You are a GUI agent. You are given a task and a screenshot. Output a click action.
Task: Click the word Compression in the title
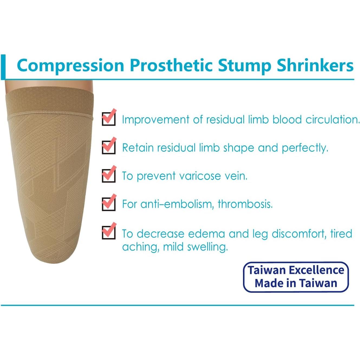pyautogui.click(x=70, y=66)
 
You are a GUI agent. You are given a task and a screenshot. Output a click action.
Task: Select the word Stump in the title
pyautogui.click(x=244, y=65)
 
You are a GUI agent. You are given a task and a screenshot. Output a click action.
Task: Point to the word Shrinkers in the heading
pyautogui.click(x=315, y=65)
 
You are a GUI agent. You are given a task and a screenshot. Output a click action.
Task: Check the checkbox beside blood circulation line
pyautogui.click(x=109, y=118)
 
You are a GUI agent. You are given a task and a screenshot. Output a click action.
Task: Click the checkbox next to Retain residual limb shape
pyautogui.click(x=109, y=147)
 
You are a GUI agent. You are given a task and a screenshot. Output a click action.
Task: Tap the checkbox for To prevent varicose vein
pyautogui.click(x=109, y=175)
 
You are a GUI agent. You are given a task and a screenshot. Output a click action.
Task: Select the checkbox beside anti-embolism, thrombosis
pyautogui.click(x=109, y=204)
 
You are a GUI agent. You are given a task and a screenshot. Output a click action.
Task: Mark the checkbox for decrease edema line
pyautogui.click(x=109, y=232)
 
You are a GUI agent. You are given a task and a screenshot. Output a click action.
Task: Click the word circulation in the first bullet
pyautogui.click(x=333, y=119)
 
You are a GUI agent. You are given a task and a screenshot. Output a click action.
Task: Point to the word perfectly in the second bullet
pyautogui.click(x=305, y=148)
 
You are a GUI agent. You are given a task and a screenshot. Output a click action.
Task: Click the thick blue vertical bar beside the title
pyautogui.click(x=3, y=67)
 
